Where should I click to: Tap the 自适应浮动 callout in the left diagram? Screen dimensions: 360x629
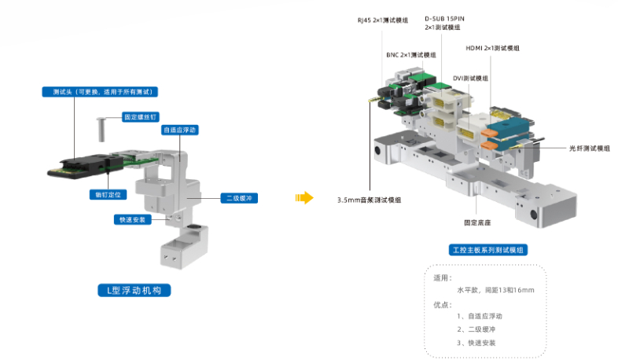point(178,130)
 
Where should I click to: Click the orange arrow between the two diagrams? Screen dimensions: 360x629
point(303,197)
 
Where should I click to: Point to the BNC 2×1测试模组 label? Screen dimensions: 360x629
point(410,55)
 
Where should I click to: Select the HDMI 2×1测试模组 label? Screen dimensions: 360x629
point(493,48)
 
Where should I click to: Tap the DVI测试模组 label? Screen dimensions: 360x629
point(470,79)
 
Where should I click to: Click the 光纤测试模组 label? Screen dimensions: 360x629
point(589,148)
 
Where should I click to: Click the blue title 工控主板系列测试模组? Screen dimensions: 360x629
point(487,250)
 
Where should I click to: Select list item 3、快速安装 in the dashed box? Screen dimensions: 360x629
point(476,342)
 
